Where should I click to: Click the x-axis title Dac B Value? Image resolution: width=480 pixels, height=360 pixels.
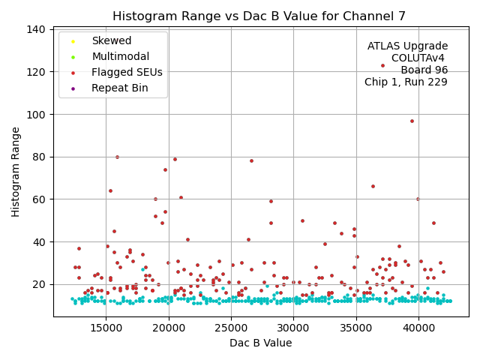[260, 343]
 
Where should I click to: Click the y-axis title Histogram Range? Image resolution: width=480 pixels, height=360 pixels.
[16, 172]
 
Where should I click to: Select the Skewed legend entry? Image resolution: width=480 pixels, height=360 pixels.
[111, 40]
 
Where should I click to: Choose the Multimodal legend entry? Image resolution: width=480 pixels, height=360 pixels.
[120, 56]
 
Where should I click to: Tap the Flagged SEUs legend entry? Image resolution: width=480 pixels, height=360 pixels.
[126, 72]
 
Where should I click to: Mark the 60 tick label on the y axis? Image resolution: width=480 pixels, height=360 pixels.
[40, 199]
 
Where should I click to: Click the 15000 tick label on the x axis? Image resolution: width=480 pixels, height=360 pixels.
[106, 327]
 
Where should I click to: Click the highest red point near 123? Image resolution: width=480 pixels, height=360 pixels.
[382, 65]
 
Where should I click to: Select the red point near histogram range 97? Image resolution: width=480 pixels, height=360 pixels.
[412, 121]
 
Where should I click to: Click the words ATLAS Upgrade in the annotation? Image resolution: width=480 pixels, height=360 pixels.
[407, 46]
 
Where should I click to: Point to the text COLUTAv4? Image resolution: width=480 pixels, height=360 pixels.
[418, 58]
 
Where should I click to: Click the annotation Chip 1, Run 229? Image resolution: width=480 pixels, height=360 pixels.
[406, 82]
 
